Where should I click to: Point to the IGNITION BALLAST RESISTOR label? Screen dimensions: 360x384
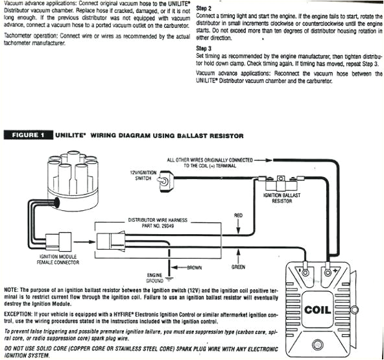click(283, 198)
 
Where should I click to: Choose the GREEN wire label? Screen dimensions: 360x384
click(238, 267)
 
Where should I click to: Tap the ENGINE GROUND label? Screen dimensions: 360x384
click(155, 278)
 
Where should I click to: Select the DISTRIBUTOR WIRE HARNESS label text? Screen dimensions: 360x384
click(158, 220)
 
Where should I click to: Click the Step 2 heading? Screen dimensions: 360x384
click(204, 8)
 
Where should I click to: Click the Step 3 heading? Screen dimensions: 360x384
click(204, 48)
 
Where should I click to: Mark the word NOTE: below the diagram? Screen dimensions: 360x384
click(12, 288)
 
